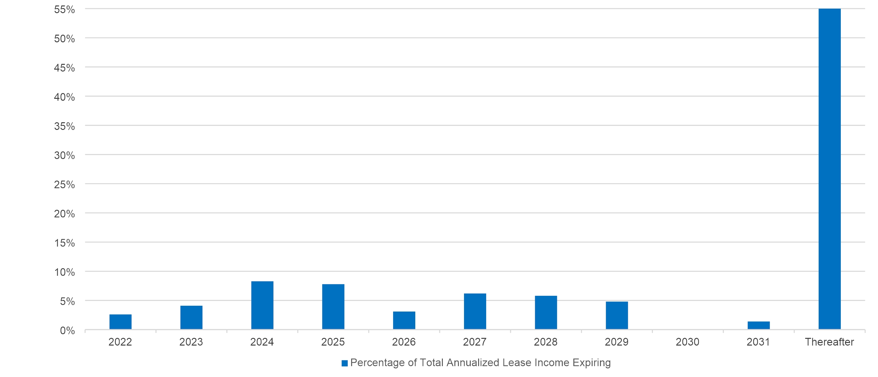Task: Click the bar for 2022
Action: click(x=120, y=322)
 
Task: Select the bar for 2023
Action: click(x=191, y=317)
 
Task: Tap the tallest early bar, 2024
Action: click(x=262, y=305)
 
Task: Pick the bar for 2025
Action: click(x=333, y=307)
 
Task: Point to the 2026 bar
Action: click(x=404, y=320)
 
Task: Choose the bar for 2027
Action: click(x=475, y=312)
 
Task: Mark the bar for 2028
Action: click(x=546, y=313)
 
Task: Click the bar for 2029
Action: click(x=617, y=316)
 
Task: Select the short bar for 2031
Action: click(x=758, y=325)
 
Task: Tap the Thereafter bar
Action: click(x=829, y=169)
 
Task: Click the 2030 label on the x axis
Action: click(x=688, y=342)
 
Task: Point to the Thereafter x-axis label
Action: click(x=829, y=342)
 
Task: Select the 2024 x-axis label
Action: click(x=262, y=342)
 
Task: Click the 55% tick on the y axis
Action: click(x=64, y=10)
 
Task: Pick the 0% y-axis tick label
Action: click(x=67, y=330)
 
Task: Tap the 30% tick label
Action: click(x=64, y=156)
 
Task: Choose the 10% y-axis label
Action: click(x=64, y=272)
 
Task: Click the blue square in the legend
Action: click(x=345, y=363)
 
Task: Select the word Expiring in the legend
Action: click(x=592, y=363)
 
